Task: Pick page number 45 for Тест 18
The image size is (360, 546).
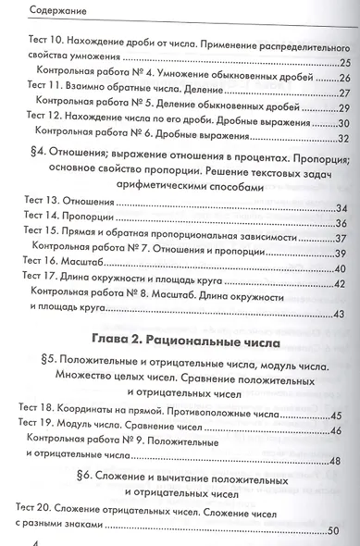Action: pos(335,415)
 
